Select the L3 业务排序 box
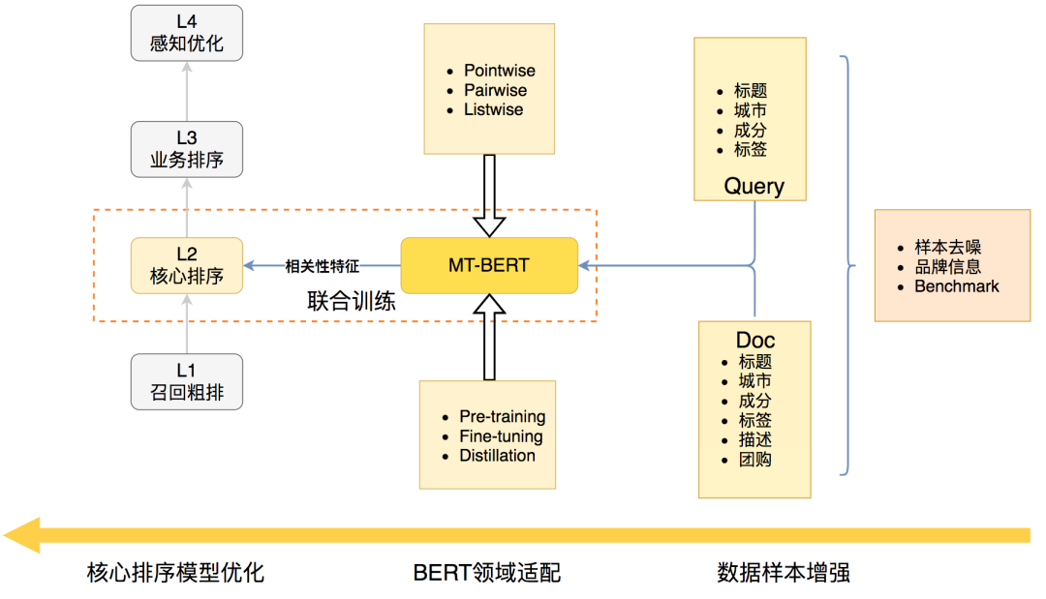point(187,149)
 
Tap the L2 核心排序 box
point(187,265)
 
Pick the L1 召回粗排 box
point(187,381)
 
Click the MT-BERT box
point(489,265)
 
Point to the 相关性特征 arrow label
point(323,265)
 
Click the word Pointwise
point(499,71)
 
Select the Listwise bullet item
point(493,109)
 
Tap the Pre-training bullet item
point(502,417)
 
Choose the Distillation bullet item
point(497,456)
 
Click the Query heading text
point(754,186)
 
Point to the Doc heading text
point(755,341)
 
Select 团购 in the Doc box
point(754,460)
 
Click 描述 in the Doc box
point(754,439)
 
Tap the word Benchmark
point(956,286)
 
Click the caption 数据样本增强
point(784,573)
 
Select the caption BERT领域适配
point(486,573)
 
